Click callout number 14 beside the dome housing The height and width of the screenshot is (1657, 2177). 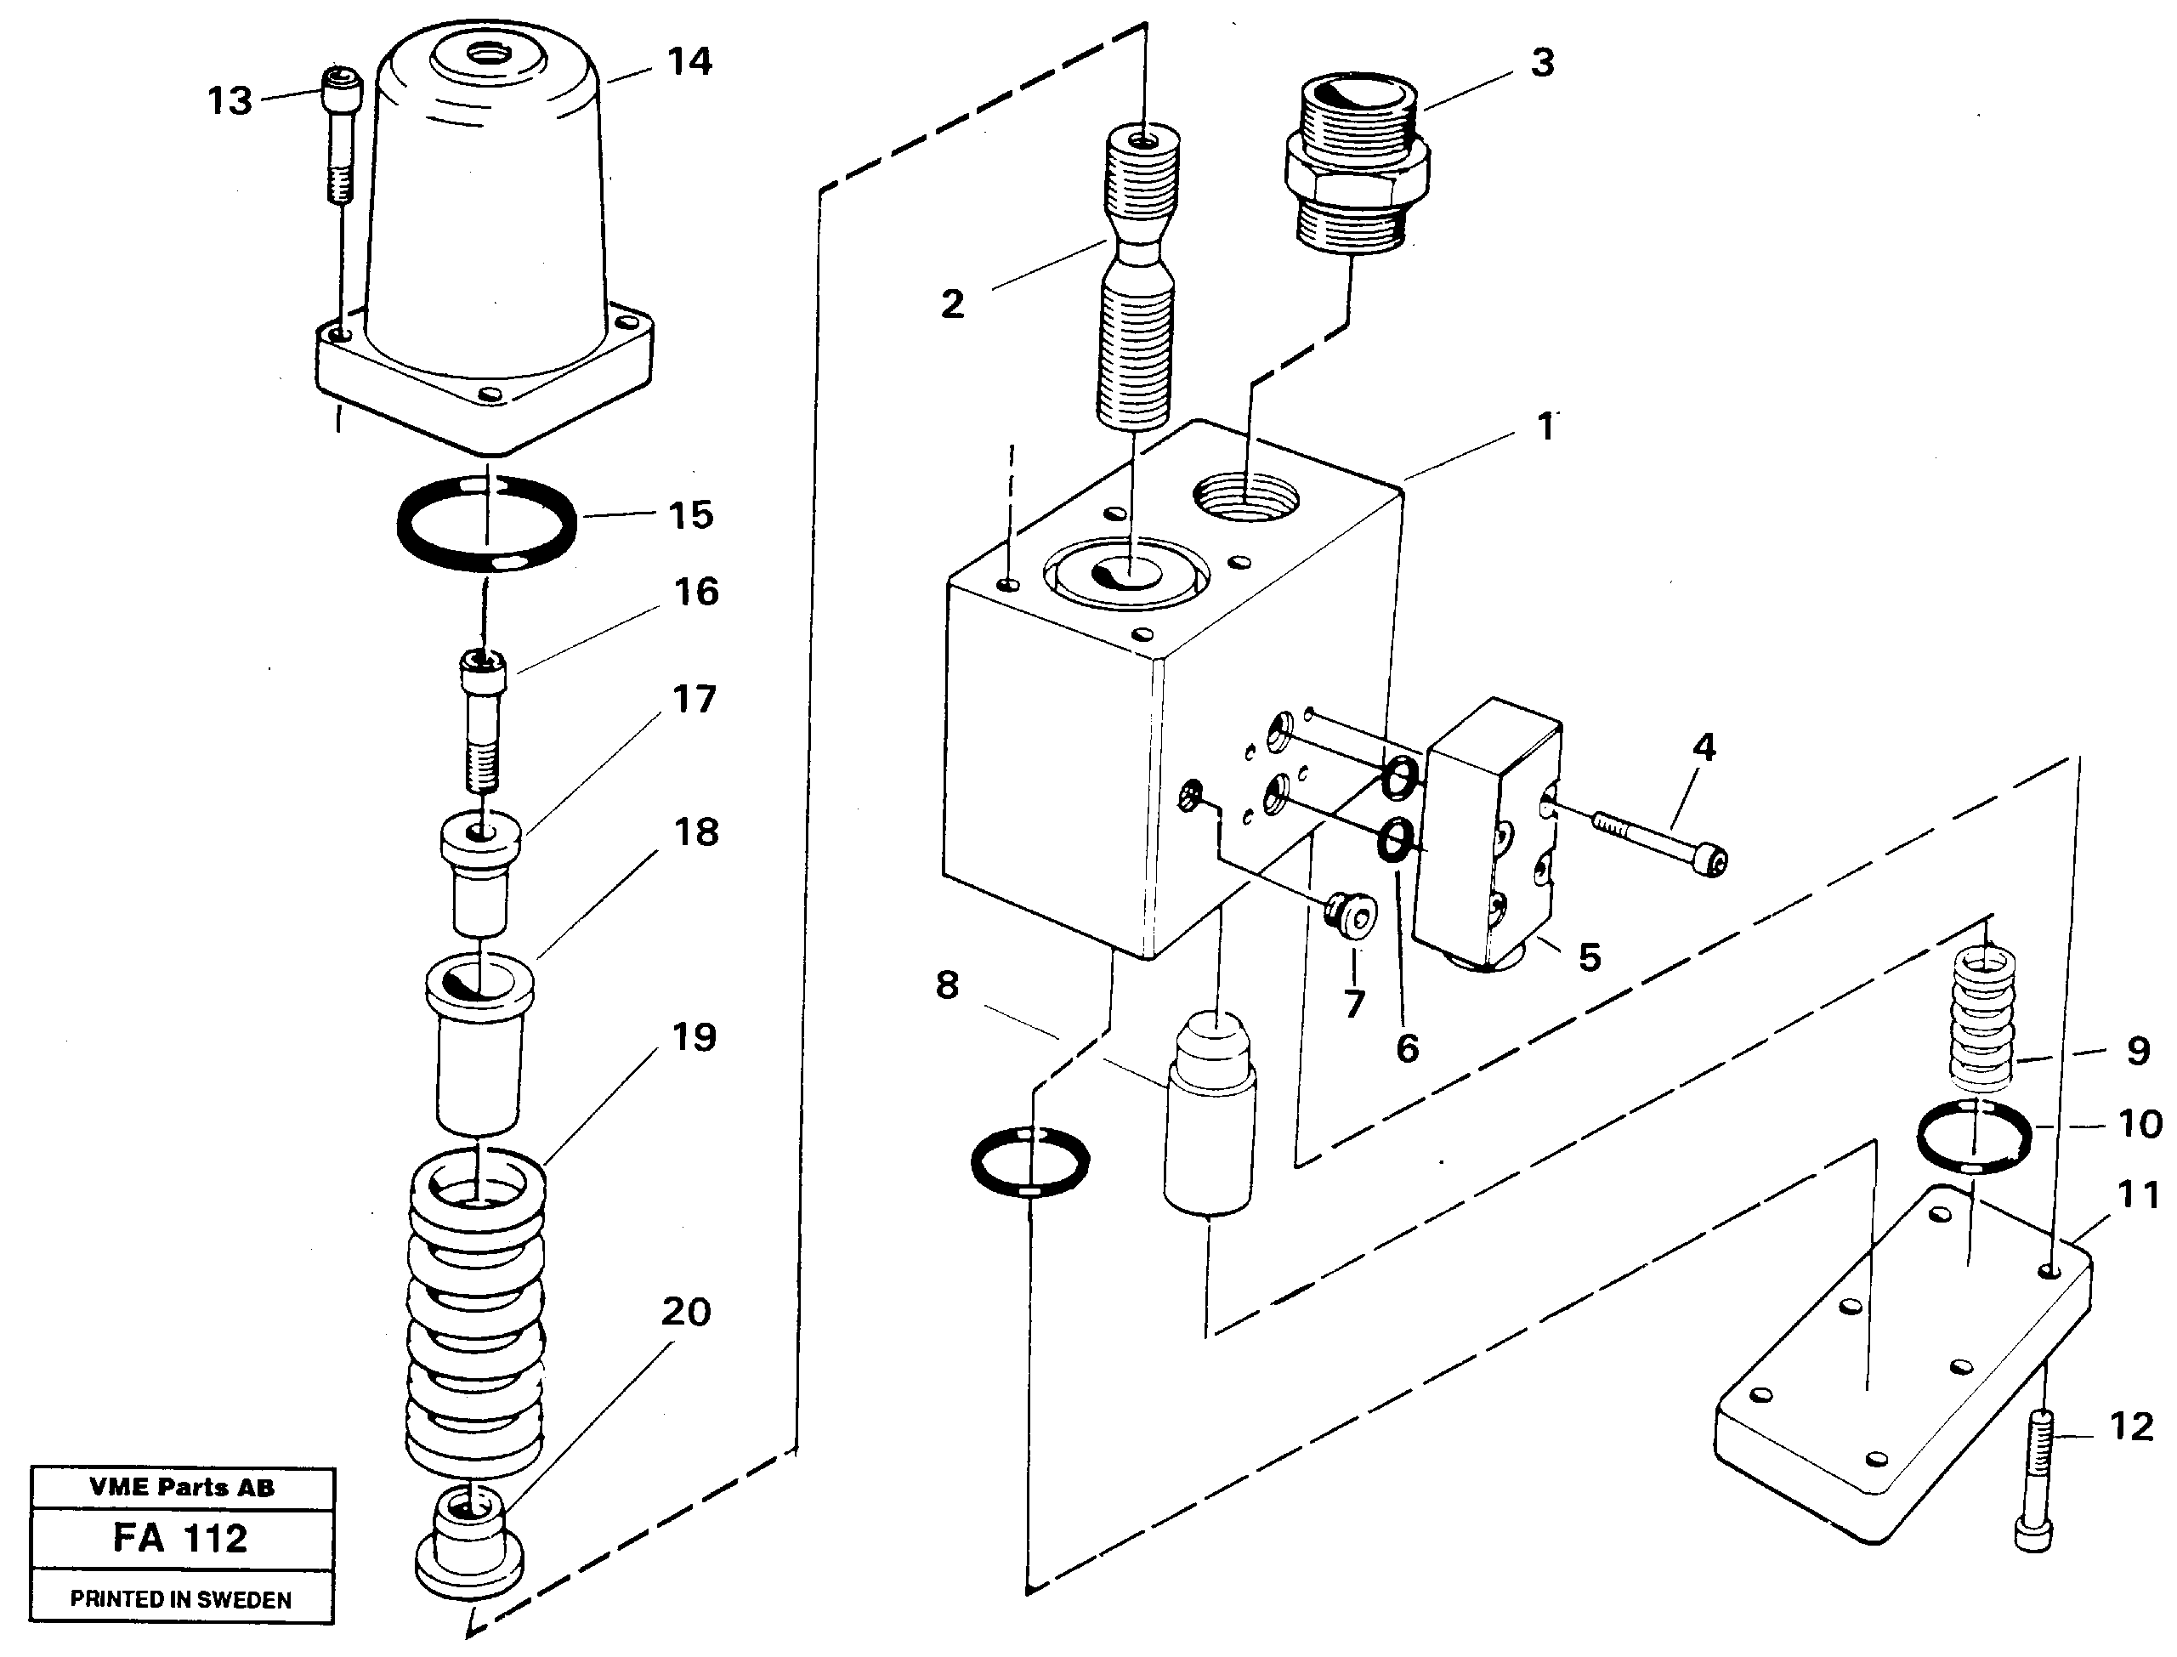coord(689,62)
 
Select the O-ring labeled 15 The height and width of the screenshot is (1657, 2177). coord(486,524)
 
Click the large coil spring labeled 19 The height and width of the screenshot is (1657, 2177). coord(475,1312)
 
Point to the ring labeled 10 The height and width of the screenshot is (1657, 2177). coord(1975,1136)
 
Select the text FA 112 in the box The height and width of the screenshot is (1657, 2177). coord(180,1539)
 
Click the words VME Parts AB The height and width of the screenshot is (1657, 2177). coord(181,1487)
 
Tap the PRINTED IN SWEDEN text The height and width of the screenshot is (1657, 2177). coord(180,1600)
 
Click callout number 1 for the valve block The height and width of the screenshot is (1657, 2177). coord(1546,427)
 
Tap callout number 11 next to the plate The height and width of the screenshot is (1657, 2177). coord(2138,1195)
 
